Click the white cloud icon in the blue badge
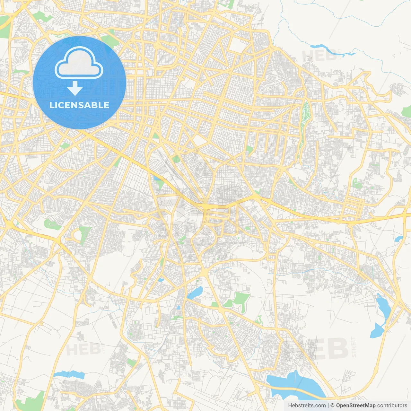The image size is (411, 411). click(x=79, y=63)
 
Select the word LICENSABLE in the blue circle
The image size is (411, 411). click(x=79, y=105)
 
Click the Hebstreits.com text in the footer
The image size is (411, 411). click(x=307, y=406)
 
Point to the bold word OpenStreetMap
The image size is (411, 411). click(x=356, y=406)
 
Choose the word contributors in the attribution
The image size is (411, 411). click(x=392, y=406)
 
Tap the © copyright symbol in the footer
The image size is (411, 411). click(x=333, y=406)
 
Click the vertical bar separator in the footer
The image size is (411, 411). click(x=328, y=406)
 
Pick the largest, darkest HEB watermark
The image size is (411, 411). click(x=321, y=348)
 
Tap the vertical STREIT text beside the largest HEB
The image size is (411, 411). click(x=354, y=347)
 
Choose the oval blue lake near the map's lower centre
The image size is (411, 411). click(x=195, y=293)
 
